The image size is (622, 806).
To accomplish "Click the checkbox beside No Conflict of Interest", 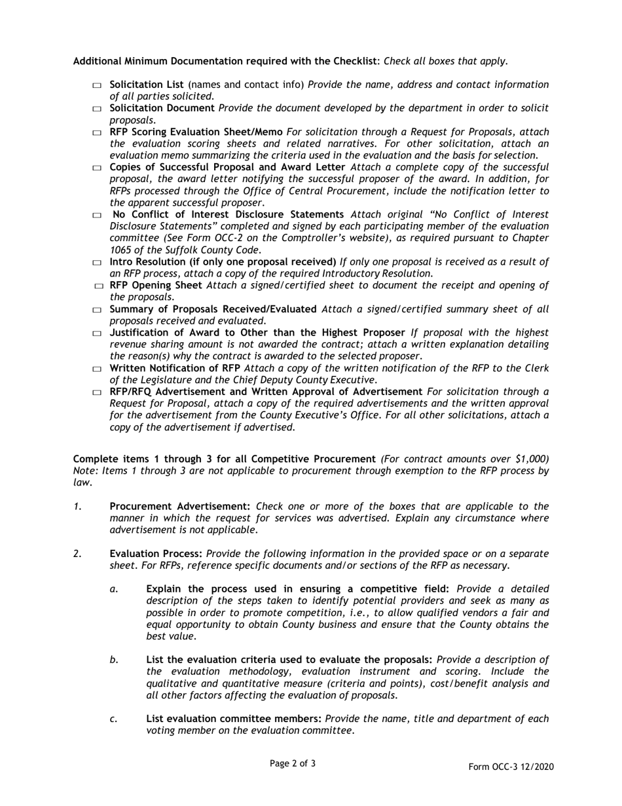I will tap(97, 216).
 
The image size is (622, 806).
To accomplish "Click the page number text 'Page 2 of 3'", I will tap(293, 763).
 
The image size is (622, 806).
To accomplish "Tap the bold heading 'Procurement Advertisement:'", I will tap(180, 506).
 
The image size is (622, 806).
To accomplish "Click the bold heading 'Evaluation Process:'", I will tap(156, 554).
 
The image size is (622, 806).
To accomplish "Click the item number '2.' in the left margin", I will tap(77, 554).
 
